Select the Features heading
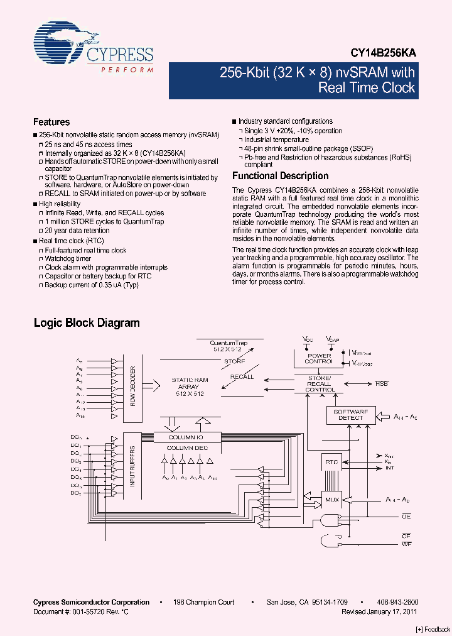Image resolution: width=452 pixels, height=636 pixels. coord(51,122)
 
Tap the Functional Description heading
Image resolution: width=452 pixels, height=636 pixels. coord(280,176)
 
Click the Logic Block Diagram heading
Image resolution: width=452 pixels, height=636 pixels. coord(86,323)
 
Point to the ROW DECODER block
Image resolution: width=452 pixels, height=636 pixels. coord(134,386)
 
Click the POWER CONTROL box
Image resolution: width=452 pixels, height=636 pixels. coord(318,358)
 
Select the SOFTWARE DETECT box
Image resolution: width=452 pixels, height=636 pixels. coord(350,415)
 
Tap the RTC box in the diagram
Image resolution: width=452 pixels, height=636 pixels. coord(331,463)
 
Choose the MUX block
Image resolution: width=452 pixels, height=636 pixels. coord(331,500)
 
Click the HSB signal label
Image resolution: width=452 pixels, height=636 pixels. coord(382,383)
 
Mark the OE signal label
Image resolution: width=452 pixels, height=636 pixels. coord(406,516)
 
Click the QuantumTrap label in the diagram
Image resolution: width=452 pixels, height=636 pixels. coord(229,343)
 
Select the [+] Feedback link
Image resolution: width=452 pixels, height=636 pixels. coord(433,629)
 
